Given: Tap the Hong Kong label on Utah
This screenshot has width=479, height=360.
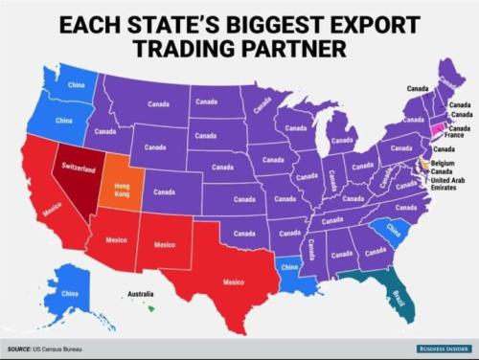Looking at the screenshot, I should click(x=122, y=184).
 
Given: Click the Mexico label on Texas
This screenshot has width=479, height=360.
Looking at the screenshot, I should click(x=233, y=282).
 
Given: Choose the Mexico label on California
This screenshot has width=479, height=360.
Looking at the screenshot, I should click(x=52, y=205).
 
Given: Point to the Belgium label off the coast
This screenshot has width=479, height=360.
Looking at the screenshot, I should click(x=443, y=164).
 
